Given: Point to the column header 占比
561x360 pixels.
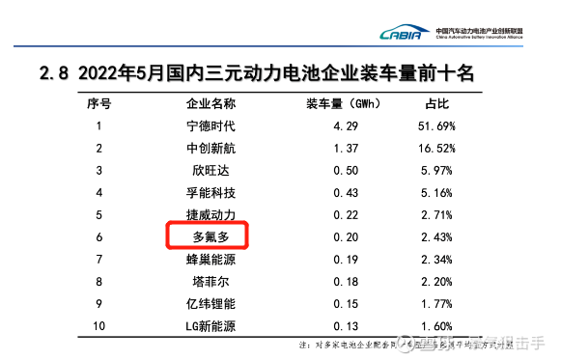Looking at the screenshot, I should [x=436, y=102].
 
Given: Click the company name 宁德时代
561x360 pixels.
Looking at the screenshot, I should [x=210, y=125].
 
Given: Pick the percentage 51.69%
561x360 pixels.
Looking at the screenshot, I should [x=436, y=125].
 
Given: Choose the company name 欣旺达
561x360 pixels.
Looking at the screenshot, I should [x=210, y=170].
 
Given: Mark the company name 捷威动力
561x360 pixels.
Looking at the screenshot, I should [x=210, y=214].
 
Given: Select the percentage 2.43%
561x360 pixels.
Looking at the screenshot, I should [x=436, y=236].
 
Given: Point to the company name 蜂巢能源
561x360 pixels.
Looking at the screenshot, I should [x=210, y=259].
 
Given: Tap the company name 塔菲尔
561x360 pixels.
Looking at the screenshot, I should [x=210, y=281].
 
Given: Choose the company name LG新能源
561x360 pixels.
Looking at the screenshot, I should [x=210, y=326].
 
